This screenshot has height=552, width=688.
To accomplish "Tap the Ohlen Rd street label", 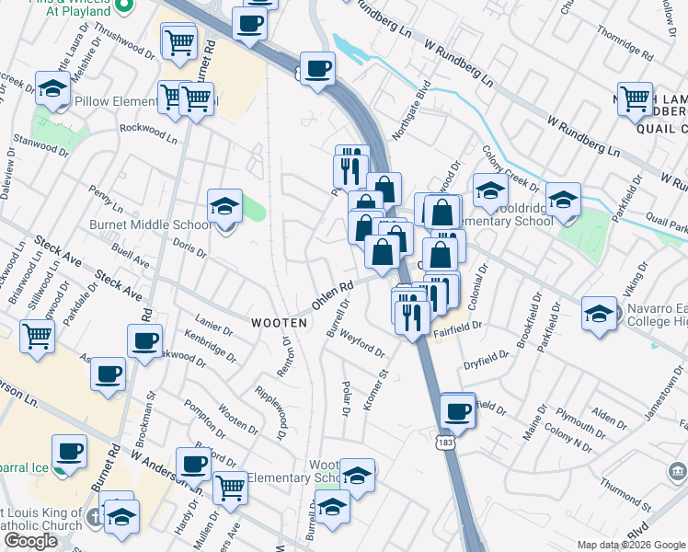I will coord(332,296).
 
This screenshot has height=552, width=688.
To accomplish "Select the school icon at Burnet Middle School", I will coord(224,207).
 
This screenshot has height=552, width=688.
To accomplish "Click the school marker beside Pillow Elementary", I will coord(52,88).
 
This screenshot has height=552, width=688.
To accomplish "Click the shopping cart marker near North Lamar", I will coord(635,98).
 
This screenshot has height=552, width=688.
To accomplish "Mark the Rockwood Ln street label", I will coord(148,129).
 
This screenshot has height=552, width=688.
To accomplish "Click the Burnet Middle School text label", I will coord(150,224).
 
